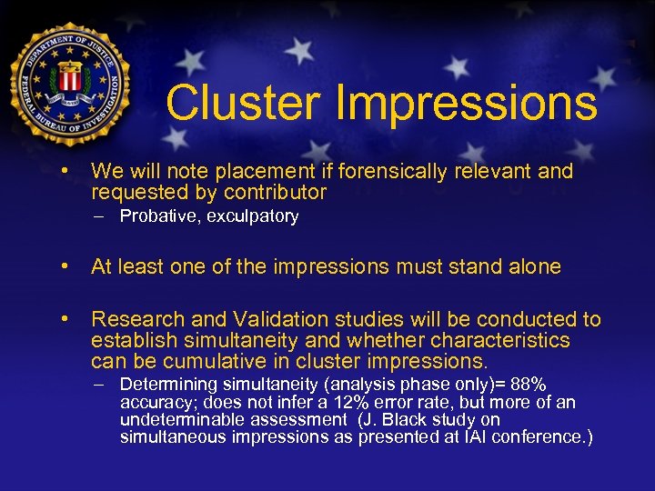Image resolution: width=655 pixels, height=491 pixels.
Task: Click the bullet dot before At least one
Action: pos(65,266)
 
